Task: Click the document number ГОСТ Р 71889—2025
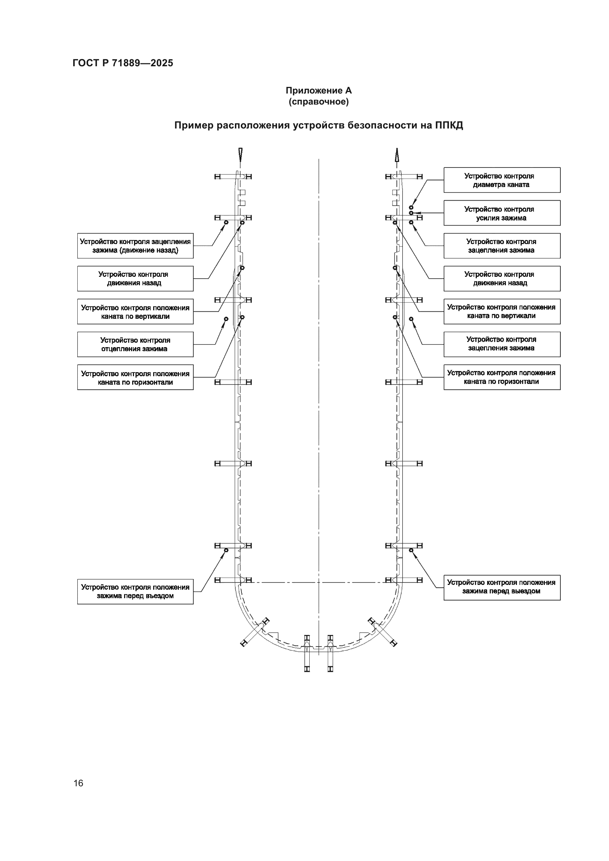click(123, 63)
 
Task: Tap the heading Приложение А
click(318, 91)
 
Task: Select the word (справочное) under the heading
click(318, 102)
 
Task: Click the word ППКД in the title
click(449, 125)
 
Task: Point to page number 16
click(78, 783)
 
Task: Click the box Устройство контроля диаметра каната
click(502, 180)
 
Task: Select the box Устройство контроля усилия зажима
click(502, 213)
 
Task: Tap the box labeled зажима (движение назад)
click(135, 246)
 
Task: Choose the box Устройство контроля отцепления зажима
click(135, 344)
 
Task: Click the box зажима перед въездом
click(135, 592)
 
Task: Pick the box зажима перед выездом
click(502, 587)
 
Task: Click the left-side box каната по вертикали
click(135, 312)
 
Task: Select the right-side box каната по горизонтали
click(502, 377)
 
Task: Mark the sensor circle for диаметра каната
click(411, 207)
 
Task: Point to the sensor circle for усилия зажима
click(411, 213)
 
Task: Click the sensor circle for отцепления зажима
click(226, 319)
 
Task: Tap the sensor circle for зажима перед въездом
click(226, 550)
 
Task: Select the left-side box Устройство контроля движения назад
click(135, 279)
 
